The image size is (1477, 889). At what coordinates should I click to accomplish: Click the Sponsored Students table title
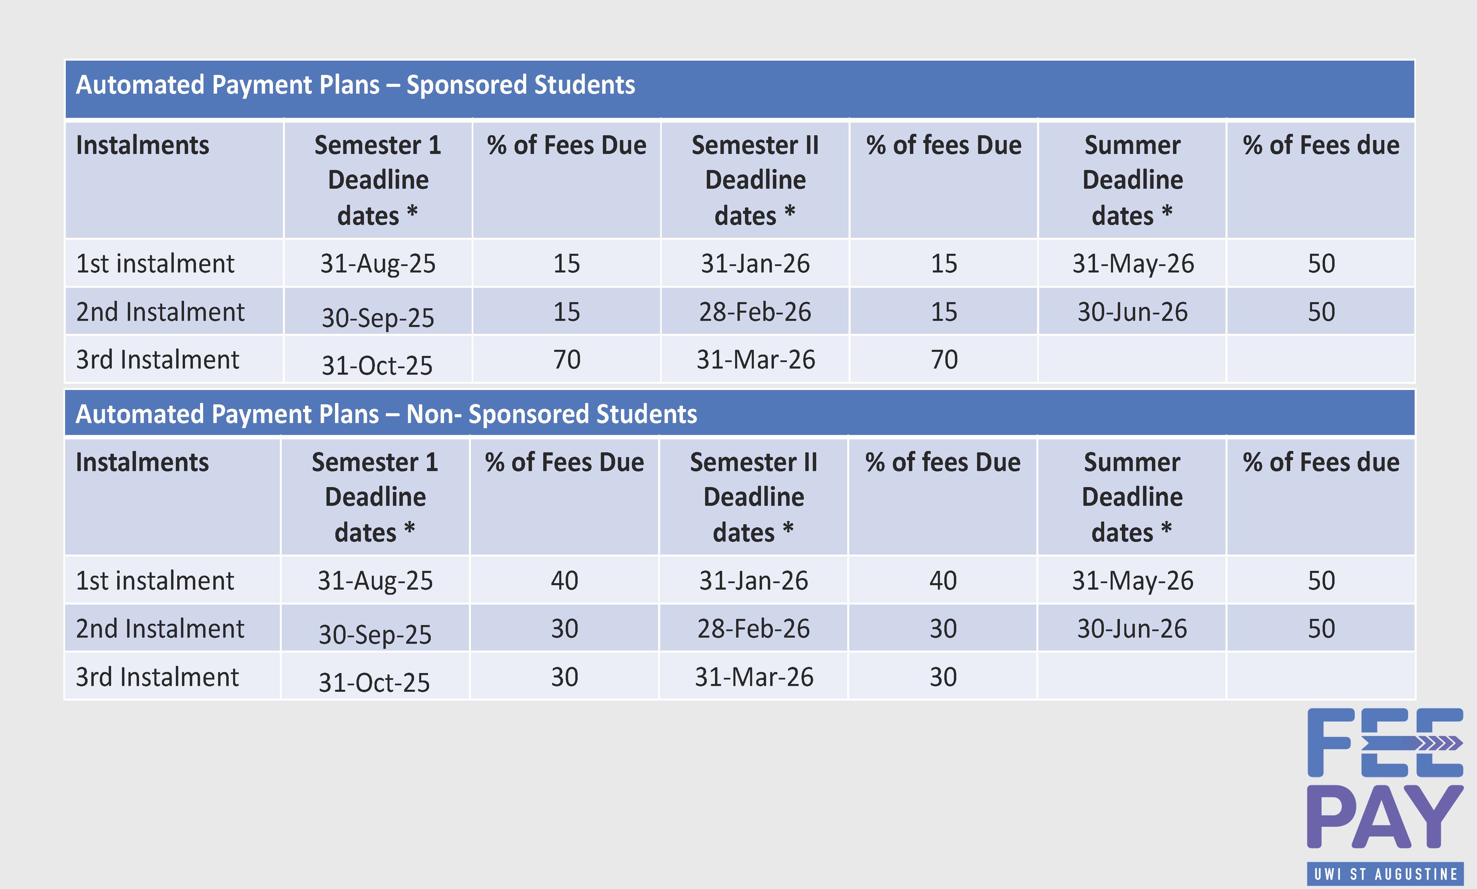pyautogui.click(x=355, y=85)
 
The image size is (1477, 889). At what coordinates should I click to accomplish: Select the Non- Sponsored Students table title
pyautogui.click(x=386, y=414)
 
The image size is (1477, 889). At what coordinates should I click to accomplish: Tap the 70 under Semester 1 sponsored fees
pyautogui.click(x=566, y=359)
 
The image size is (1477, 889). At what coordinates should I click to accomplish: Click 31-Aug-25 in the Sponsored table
pyautogui.click(x=378, y=264)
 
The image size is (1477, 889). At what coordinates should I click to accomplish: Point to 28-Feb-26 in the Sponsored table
pyautogui.click(x=755, y=312)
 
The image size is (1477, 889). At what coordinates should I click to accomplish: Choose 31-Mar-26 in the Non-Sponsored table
pyautogui.click(x=754, y=677)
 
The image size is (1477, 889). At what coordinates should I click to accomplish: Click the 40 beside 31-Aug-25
pyautogui.click(x=564, y=580)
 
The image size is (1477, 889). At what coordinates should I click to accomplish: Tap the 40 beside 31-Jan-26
pyautogui.click(x=943, y=580)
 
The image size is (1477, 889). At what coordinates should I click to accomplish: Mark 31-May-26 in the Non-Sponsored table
pyautogui.click(x=1132, y=580)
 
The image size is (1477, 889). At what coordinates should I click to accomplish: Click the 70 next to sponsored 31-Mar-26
pyautogui.click(x=944, y=359)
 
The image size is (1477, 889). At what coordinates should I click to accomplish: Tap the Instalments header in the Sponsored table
pyautogui.click(x=142, y=145)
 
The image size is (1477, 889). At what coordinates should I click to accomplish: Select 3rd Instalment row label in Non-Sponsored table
pyautogui.click(x=157, y=677)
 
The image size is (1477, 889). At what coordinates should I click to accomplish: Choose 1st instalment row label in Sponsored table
pyautogui.click(x=155, y=264)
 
